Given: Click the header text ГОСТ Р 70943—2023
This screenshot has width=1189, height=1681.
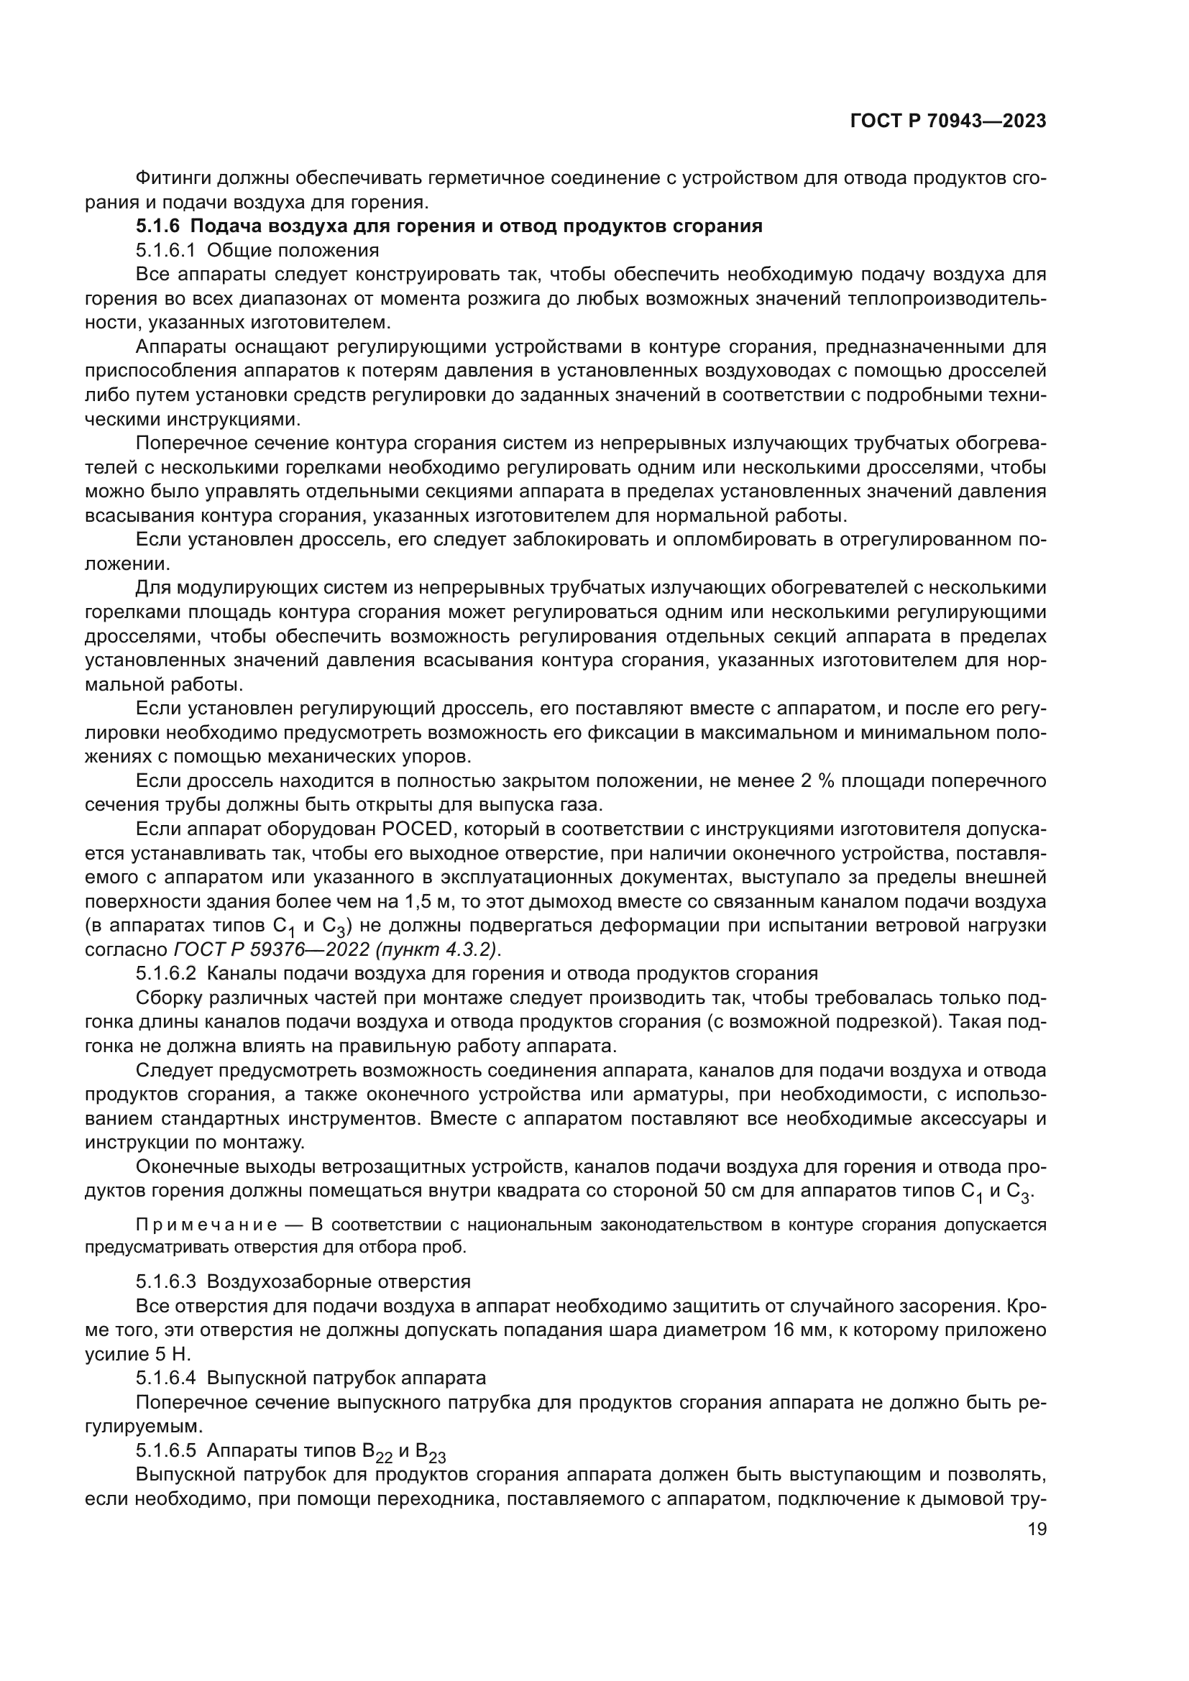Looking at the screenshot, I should click(x=947, y=121).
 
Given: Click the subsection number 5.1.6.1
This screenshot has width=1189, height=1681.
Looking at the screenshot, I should click(x=165, y=250).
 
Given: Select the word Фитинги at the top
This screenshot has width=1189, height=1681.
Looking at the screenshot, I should click(x=171, y=178).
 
